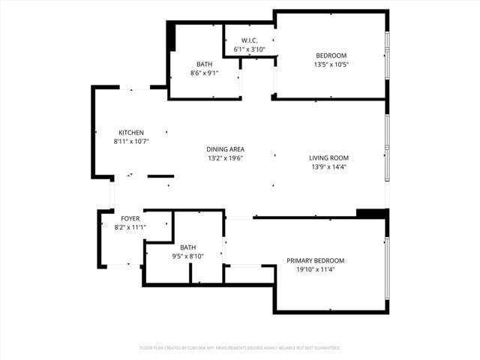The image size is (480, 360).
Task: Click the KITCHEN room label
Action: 130,133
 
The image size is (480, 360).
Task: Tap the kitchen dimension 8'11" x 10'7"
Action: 130,141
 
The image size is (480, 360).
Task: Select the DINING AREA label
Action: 225,149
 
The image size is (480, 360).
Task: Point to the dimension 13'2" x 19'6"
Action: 225,158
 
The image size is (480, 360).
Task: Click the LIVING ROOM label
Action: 328,157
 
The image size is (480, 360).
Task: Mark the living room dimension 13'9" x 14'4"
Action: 328,166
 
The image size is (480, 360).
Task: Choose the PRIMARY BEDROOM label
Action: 315,260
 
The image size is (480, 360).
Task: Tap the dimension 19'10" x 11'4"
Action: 315,269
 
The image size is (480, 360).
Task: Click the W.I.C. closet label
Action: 250,40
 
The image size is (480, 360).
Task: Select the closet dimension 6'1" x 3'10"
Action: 250,49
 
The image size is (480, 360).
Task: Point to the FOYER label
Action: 130,218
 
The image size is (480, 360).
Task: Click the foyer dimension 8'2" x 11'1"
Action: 130,227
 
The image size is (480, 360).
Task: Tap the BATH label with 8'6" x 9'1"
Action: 205,64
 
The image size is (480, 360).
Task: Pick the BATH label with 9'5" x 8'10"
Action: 187,247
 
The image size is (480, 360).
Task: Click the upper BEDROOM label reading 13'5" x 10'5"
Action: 331,55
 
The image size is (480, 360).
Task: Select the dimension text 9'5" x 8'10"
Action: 187,256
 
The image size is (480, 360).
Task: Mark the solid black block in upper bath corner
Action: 171,37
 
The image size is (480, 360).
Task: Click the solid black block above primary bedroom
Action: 370,213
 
